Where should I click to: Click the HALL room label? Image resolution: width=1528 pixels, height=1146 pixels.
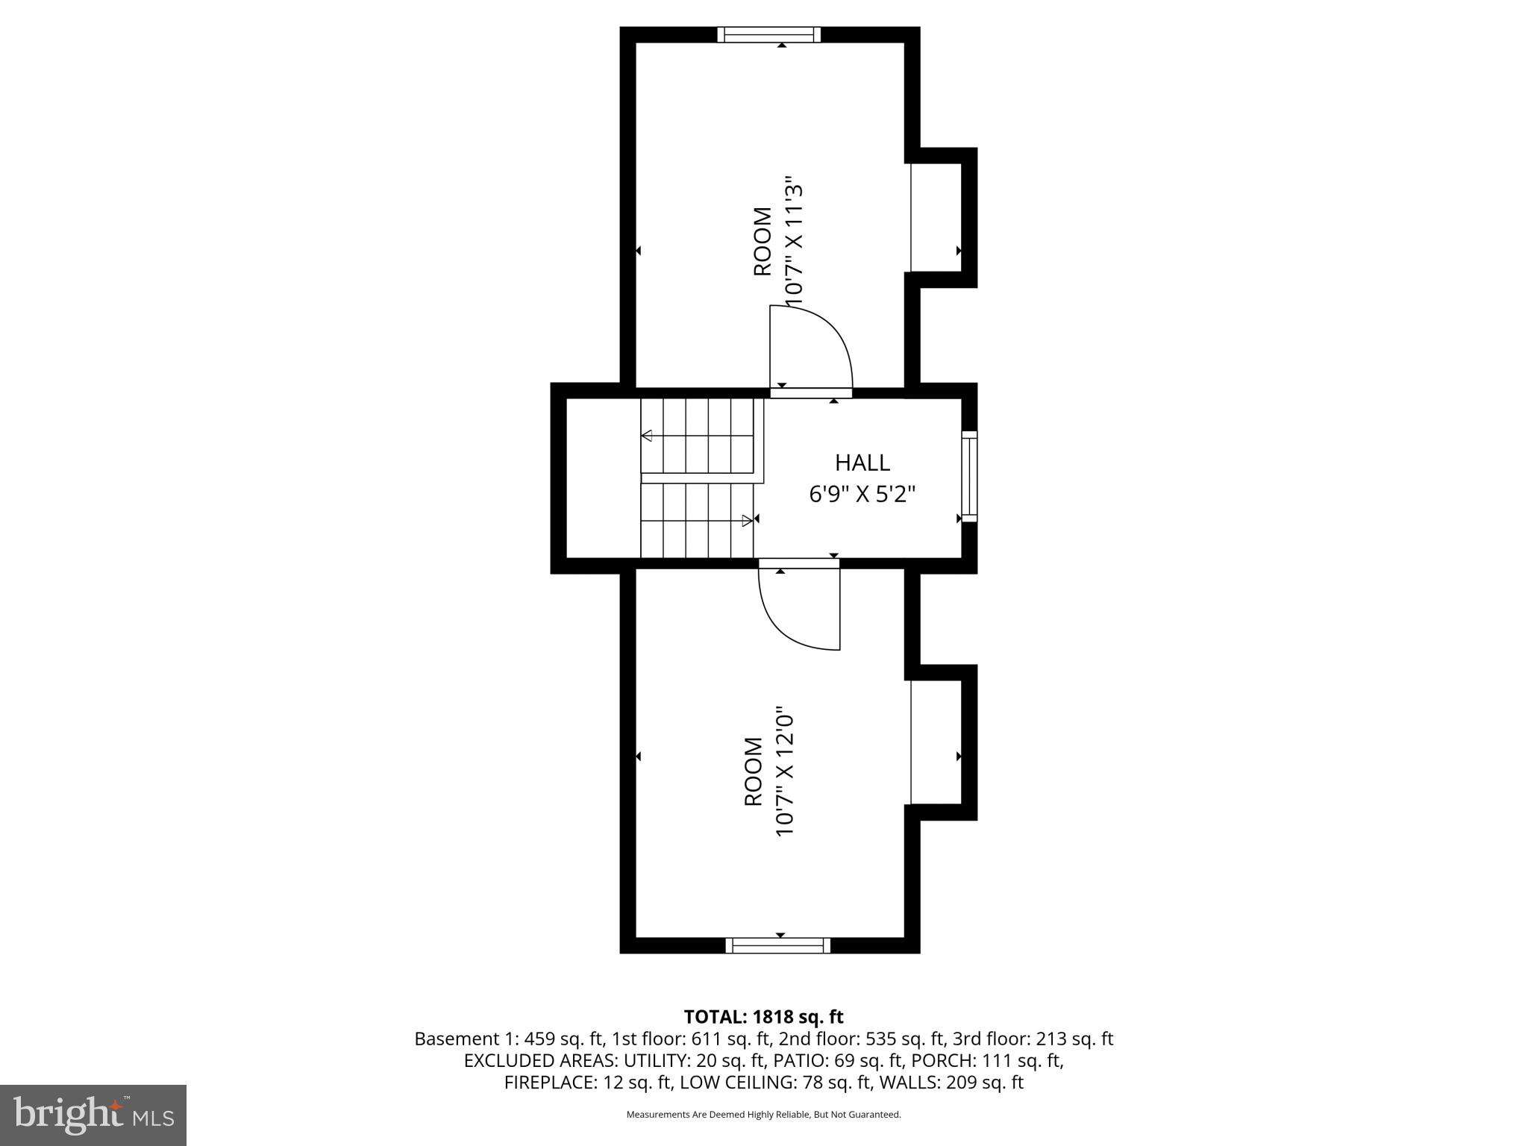tap(862, 463)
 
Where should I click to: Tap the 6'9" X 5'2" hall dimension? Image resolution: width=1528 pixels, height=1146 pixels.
tap(862, 494)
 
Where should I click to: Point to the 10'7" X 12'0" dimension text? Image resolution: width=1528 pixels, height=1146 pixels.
tap(783, 772)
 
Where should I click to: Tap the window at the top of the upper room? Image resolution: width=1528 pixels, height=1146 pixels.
tap(768, 34)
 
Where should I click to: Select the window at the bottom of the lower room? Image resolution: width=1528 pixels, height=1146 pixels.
tap(777, 945)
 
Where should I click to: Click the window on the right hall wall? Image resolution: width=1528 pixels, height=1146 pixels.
tap(968, 476)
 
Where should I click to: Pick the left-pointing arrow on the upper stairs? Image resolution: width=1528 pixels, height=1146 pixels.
tap(647, 436)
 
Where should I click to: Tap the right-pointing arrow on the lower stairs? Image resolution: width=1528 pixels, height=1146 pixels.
tap(747, 521)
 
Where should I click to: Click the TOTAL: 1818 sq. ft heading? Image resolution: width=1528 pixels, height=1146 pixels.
tap(763, 1017)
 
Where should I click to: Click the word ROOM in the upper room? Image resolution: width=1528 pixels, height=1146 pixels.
tap(762, 241)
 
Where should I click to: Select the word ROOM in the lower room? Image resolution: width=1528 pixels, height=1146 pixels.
tap(754, 772)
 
